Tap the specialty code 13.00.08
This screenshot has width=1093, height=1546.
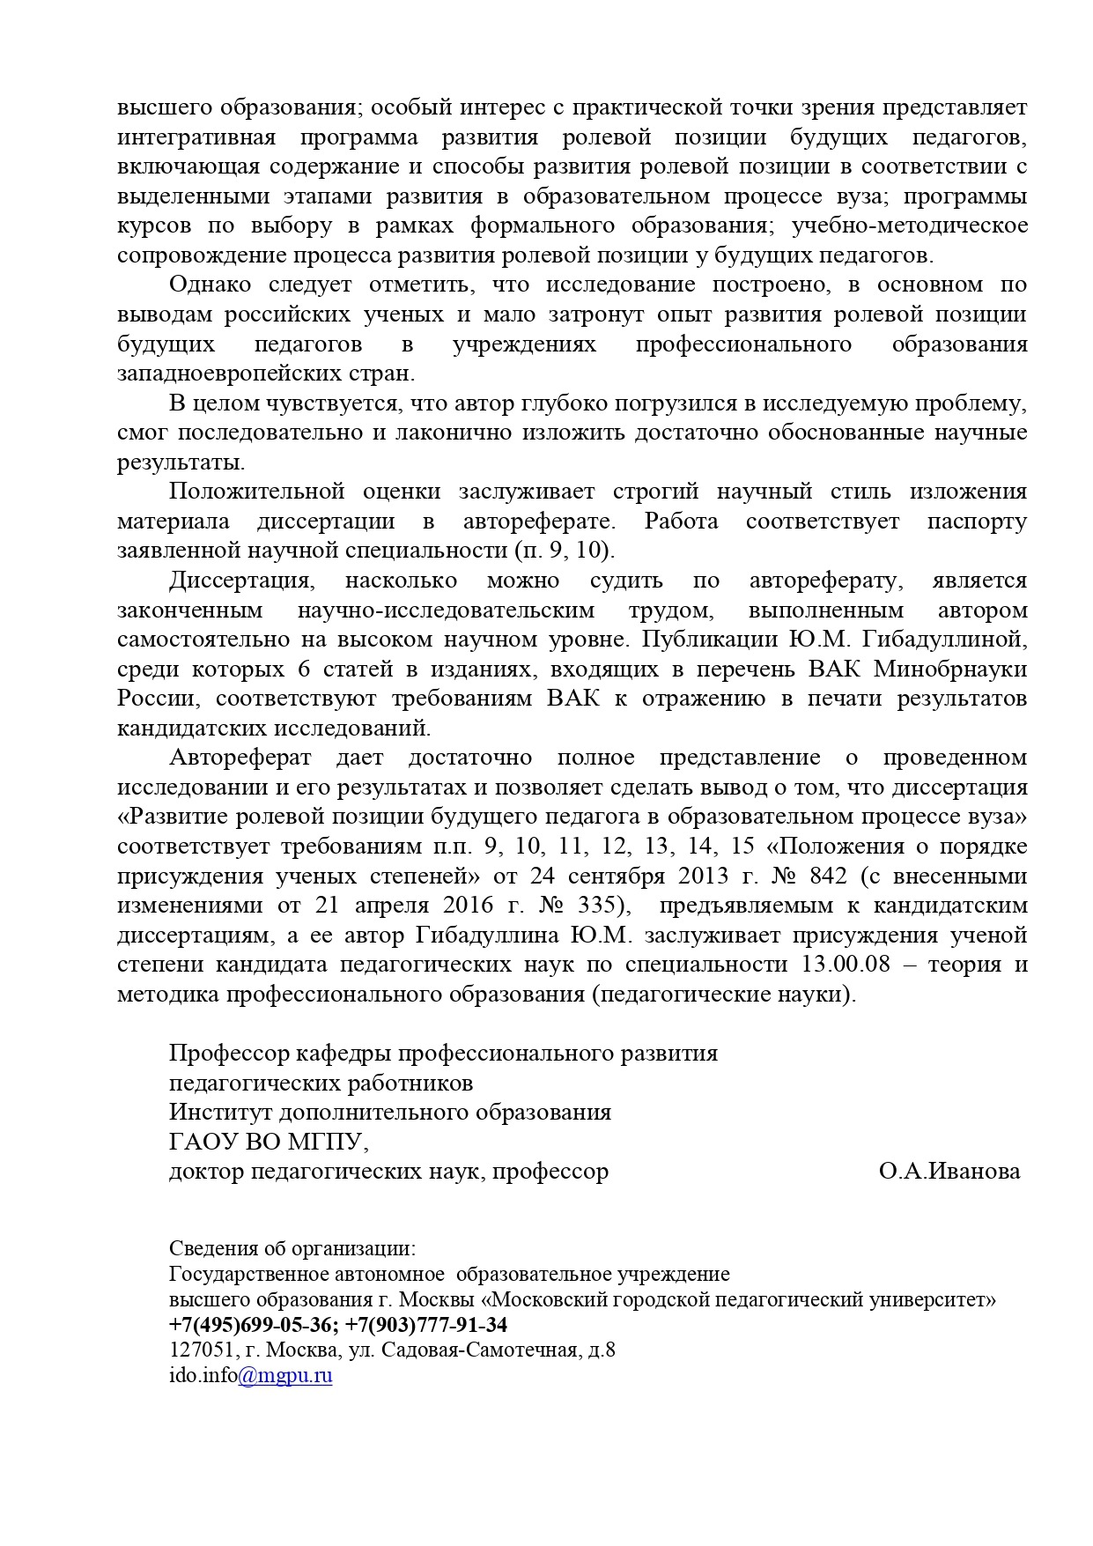(846, 965)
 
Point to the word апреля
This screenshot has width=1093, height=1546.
(391, 906)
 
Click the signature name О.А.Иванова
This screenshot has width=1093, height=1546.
(949, 1172)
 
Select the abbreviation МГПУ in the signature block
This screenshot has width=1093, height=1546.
(323, 1143)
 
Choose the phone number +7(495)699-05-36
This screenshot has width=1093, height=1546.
(251, 1325)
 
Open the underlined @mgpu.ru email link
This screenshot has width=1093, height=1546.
(285, 1376)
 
